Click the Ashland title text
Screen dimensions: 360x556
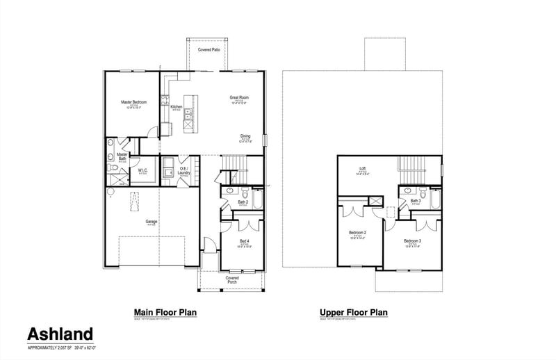click(60, 334)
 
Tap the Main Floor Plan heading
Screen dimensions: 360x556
click(165, 313)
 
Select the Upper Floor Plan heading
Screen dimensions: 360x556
click(353, 313)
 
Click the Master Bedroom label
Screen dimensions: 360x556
click(133, 102)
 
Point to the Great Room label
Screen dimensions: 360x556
click(240, 97)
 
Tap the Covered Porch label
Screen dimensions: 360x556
click(232, 280)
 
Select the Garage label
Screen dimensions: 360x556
click(151, 222)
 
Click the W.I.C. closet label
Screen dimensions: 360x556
click(142, 170)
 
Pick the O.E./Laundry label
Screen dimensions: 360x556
click(184, 170)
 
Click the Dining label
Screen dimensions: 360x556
click(245, 136)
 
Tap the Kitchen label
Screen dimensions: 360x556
click(177, 107)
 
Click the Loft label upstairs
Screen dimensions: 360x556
click(362, 169)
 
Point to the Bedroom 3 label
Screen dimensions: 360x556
click(413, 240)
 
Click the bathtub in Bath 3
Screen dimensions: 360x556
click(435, 199)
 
